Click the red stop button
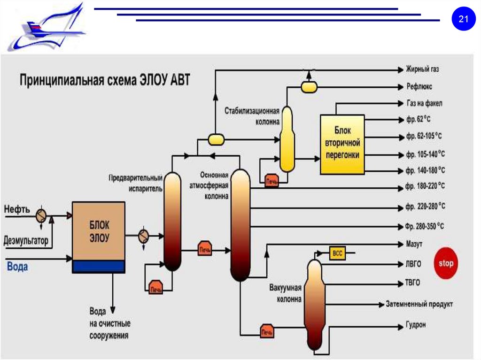click(446, 263)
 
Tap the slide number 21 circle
click(464, 20)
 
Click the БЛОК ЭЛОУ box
click(99, 232)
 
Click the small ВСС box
click(337, 253)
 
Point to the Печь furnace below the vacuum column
click(267, 332)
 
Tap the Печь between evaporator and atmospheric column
click(204, 249)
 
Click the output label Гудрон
click(415, 325)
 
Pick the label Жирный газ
click(422, 69)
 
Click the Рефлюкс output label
click(419, 87)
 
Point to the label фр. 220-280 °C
click(425, 207)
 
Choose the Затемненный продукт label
click(419, 304)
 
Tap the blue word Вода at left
click(17, 267)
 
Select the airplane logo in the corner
click(47, 28)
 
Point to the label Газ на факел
click(424, 103)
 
